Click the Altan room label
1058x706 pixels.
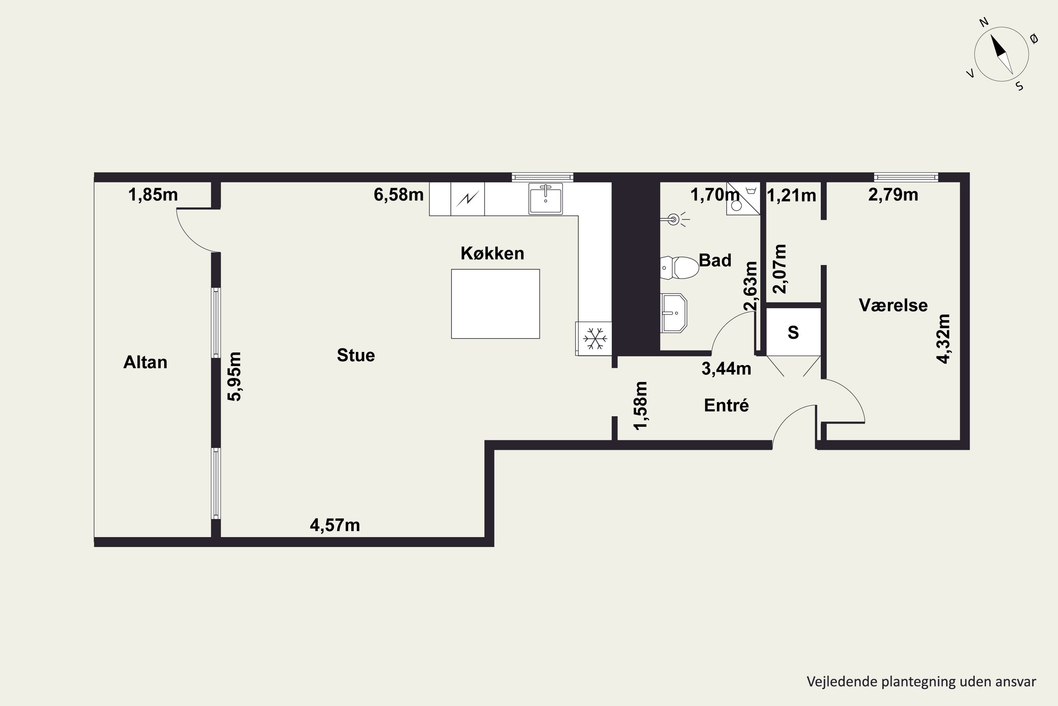[145, 363]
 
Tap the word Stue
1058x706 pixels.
[356, 355]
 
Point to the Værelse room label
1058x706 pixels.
[893, 305]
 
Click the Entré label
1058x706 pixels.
[726, 405]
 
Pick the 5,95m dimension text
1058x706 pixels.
[235, 376]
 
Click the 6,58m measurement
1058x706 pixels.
[399, 195]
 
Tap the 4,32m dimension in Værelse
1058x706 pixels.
[943, 339]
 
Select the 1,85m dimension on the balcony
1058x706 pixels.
[153, 195]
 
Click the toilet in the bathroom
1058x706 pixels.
[679, 268]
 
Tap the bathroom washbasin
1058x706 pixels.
[673, 313]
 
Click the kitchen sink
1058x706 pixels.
[546, 198]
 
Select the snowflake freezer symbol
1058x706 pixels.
[595, 339]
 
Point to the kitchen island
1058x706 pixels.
[495, 304]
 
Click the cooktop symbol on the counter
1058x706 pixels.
[467, 198]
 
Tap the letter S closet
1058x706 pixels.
[793, 332]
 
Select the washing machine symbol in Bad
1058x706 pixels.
[743, 198]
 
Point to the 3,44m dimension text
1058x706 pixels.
[726, 369]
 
